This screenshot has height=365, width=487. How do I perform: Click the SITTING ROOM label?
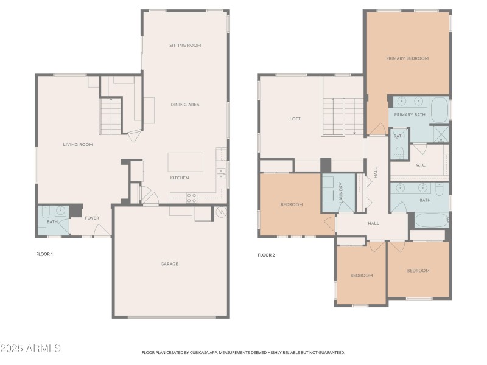(x=185, y=46)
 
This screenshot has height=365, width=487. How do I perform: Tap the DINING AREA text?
(x=185, y=105)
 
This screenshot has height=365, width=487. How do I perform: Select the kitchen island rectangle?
(x=186, y=162)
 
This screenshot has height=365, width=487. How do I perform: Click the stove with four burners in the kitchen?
(x=191, y=197)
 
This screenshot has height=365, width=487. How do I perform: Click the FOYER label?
(x=91, y=218)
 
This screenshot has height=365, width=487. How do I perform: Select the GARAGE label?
(x=169, y=264)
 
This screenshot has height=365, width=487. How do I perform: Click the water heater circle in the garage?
(x=221, y=212)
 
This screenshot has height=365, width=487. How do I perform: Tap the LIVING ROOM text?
(x=78, y=144)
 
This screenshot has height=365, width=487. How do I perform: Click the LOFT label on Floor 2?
(x=295, y=119)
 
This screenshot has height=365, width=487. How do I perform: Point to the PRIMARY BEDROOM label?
(x=407, y=58)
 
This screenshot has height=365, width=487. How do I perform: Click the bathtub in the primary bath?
(x=439, y=110)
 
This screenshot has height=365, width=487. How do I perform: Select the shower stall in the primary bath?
(x=441, y=133)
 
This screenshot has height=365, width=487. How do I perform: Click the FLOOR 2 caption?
(x=266, y=255)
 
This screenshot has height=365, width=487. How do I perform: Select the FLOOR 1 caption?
(x=44, y=254)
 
